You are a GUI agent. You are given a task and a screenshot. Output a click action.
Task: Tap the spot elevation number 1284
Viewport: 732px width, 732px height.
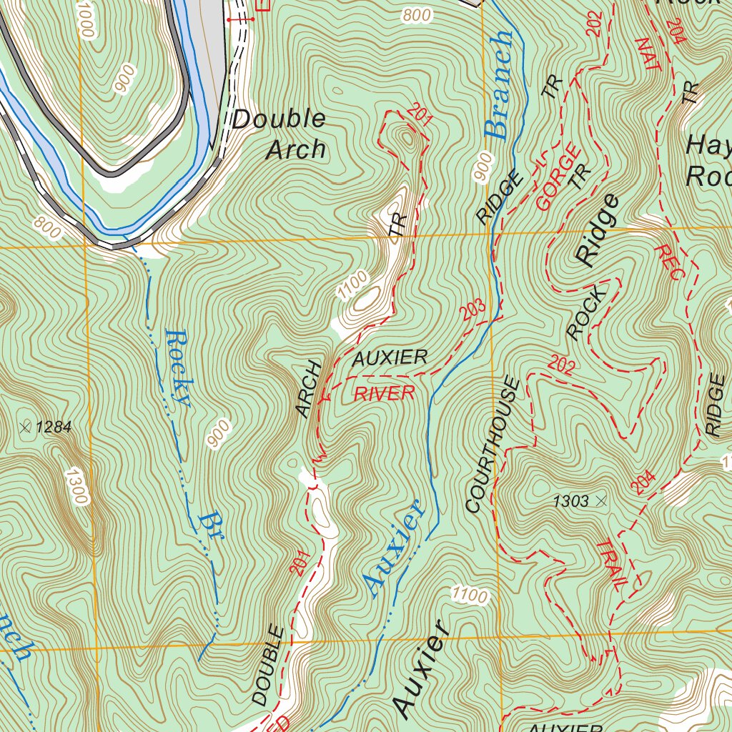pos(54,427)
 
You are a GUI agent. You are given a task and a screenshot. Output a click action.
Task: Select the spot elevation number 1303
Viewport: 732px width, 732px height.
pos(570,502)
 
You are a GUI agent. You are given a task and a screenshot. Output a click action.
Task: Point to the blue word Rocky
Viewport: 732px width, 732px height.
pos(177,367)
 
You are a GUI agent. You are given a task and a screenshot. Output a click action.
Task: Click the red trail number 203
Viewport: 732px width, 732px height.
pos(473,310)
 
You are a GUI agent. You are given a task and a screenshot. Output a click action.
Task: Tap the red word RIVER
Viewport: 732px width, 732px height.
pos(385,393)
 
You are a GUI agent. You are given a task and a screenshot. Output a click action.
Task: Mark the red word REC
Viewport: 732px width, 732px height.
pos(668,262)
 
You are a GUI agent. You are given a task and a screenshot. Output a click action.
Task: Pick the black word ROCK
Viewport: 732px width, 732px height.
pos(585,312)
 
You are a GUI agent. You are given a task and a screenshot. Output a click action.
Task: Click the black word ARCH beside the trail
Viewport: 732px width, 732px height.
pos(308,389)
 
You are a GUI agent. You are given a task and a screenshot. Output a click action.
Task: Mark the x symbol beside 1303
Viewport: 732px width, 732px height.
pos(600,501)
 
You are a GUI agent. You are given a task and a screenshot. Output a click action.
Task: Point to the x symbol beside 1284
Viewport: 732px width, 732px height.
pos(26,427)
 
